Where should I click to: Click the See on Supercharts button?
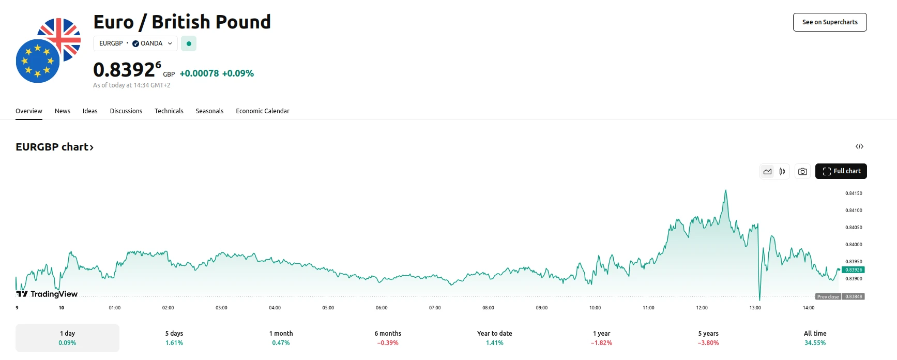point(829,22)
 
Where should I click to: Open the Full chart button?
point(841,171)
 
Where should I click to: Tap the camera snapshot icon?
point(802,172)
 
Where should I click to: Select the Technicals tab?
point(169,111)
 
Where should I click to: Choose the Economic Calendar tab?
point(262,111)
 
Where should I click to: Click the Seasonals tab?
point(209,111)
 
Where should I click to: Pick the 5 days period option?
point(174,338)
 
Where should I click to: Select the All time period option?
point(815,338)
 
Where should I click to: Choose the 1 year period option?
point(601,338)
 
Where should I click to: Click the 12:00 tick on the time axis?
point(702,308)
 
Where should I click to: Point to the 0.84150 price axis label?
point(854,193)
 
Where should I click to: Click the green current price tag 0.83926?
point(853,270)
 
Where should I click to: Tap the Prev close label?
point(828,297)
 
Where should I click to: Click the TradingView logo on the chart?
point(47,294)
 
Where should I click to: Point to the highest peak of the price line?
point(726,190)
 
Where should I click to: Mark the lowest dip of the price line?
point(759,299)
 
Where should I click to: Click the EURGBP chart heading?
point(54,147)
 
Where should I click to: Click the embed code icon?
point(859,147)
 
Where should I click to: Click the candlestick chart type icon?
point(782,172)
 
